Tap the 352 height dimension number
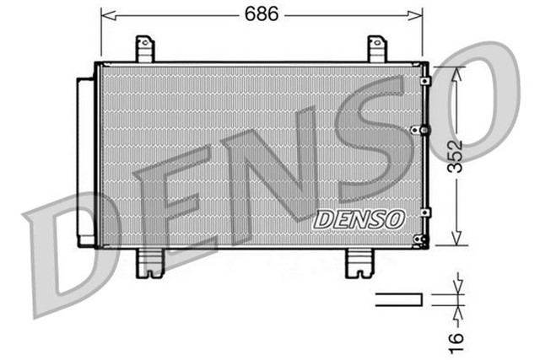pos(456,157)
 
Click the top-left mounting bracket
pos(145,48)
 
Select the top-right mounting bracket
pos(377,48)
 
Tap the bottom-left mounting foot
pos(149,262)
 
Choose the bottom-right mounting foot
pos(359,262)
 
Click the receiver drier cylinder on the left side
pos(85,161)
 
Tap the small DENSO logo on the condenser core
pos(359,218)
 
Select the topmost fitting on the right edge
pos(425,81)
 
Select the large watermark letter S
pos(371,139)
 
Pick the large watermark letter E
pos(177,202)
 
